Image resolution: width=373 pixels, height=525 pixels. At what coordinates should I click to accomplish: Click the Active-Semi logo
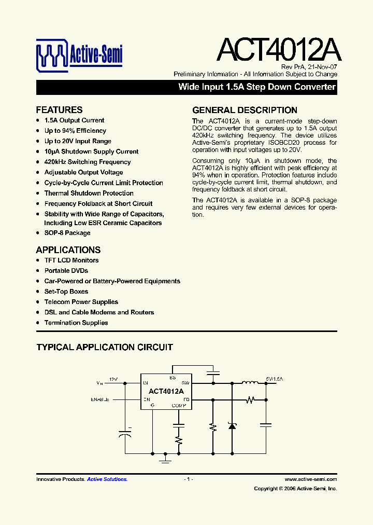79,53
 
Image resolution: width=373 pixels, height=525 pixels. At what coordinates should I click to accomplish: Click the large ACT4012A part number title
278,50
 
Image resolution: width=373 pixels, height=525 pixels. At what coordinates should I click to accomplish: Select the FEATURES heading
59,110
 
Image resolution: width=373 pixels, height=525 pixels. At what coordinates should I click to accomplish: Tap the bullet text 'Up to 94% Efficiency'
75,131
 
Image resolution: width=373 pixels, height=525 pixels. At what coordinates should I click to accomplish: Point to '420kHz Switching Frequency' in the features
88,162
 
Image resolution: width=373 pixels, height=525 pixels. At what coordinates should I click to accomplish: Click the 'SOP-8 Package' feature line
67,233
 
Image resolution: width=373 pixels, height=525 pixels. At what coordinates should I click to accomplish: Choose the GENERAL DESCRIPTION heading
245,110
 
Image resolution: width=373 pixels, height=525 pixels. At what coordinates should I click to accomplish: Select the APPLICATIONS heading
68,250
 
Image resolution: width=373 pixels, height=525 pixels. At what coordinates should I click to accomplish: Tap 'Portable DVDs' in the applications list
66,271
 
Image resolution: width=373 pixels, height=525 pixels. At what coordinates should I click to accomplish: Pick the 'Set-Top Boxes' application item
66,292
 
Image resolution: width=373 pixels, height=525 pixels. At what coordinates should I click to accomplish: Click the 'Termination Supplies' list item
76,323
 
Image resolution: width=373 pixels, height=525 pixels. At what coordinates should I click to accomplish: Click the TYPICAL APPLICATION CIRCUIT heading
105,347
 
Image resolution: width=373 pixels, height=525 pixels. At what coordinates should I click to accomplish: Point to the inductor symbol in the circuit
250,384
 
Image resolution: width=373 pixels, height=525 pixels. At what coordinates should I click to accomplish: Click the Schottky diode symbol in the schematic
232,425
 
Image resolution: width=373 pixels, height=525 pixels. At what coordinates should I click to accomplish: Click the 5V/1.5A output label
275,379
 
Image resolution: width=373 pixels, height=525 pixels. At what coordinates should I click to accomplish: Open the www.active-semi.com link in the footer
311,479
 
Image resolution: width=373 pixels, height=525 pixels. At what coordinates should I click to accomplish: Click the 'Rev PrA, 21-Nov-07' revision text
309,67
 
